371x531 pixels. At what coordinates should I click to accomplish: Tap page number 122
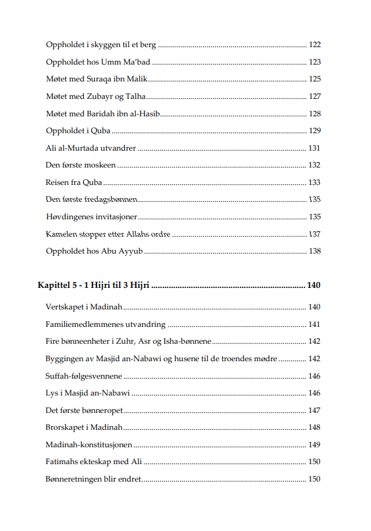[x=315, y=45]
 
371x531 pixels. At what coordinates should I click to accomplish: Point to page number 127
[x=315, y=97]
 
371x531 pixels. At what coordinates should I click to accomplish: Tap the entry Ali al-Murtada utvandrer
[x=90, y=148]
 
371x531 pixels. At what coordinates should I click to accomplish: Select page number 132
[x=315, y=166]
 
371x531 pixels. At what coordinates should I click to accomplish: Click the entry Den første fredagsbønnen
[x=91, y=199]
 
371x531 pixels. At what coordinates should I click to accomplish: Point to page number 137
[x=315, y=234]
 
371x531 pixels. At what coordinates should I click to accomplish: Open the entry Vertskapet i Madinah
[x=84, y=307]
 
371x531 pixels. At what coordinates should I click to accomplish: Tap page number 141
[x=315, y=325]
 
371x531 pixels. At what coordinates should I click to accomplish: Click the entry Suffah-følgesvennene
[x=84, y=376]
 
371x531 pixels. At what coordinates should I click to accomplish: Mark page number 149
[x=315, y=445]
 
